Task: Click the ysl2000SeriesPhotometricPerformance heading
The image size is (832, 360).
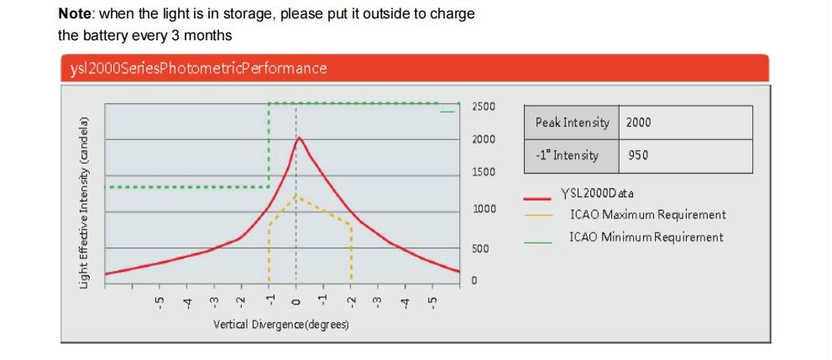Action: click(198, 69)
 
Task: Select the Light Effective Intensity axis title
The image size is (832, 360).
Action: click(84, 203)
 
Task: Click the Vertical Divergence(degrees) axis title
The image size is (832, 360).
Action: click(281, 324)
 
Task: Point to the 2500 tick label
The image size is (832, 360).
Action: click(484, 107)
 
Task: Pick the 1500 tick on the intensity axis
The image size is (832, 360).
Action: click(484, 172)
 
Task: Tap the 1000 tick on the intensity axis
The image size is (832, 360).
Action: click(484, 210)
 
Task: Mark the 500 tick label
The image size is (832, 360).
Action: click(480, 248)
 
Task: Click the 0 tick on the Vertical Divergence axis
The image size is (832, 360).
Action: click(296, 302)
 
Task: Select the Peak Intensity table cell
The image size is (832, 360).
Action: click(572, 123)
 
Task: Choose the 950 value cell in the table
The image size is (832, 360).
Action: click(686, 156)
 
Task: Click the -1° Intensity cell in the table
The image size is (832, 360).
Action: click(572, 156)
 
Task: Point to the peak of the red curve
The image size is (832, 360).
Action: click(299, 138)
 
